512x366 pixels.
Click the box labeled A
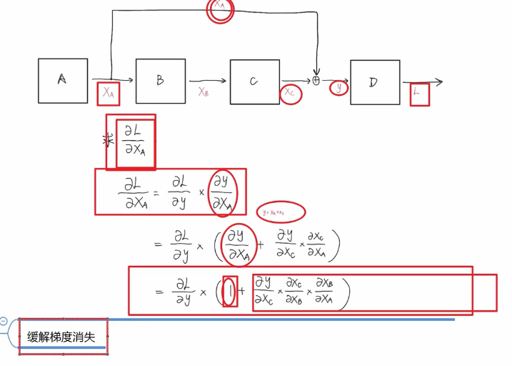click(63, 81)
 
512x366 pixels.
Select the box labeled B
click(160, 81)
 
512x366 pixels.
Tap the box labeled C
click(254, 81)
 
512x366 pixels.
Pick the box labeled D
click(374, 82)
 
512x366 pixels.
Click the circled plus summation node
click(316, 81)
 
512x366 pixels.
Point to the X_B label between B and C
click(204, 91)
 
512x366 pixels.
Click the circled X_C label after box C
click(290, 93)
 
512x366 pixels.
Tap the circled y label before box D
click(338, 88)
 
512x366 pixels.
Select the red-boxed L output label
click(419, 94)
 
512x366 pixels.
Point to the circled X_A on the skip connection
click(220, 9)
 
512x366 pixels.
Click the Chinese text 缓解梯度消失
click(62, 337)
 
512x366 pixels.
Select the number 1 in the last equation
click(229, 291)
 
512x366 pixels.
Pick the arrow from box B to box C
click(207, 81)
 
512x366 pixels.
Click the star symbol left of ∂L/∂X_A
click(109, 139)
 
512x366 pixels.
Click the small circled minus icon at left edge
click(4, 322)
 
